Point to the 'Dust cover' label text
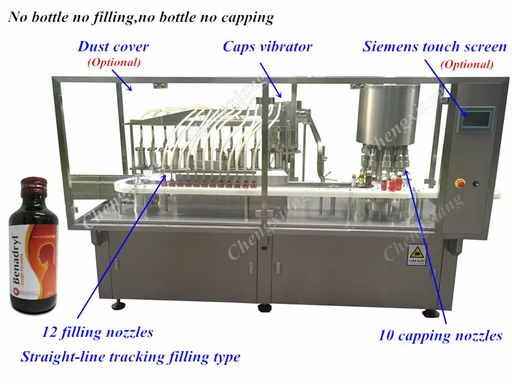pyautogui.click(x=113, y=47)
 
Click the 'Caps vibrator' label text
pyautogui.click(x=268, y=47)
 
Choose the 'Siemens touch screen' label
pyautogui.click(x=435, y=47)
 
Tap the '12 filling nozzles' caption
pyautogui.click(x=98, y=333)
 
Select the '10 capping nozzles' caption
pyautogui.click(x=440, y=335)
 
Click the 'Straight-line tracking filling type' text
pyautogui.click(x=130, y=357)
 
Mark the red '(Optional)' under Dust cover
pyautogui.click(x=113, y=62)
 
